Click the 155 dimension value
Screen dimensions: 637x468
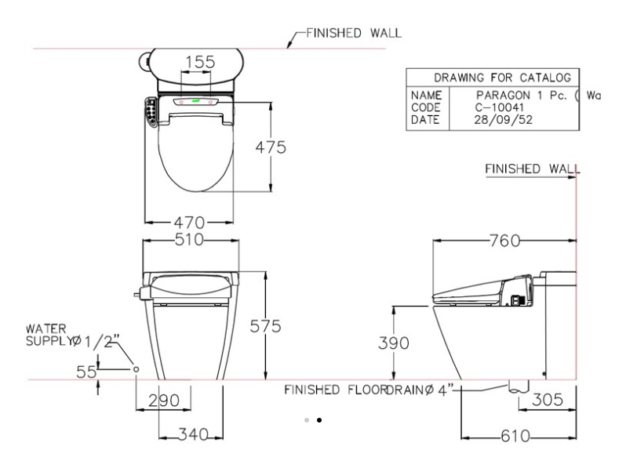point(200,62)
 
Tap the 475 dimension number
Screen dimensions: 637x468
point(271,147)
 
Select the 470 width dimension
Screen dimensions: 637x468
point(189,223)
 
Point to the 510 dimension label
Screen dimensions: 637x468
point(189,239)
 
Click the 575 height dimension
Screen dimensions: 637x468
point(265,326)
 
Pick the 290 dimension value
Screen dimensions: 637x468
point(164,401)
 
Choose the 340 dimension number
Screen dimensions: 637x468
point(194,434)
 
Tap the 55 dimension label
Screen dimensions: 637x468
point(86,372)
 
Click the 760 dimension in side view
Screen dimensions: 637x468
point(504,241)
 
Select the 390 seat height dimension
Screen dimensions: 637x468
point(393,343)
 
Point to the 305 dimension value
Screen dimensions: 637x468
point(548,400)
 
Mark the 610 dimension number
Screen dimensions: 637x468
point(515,436)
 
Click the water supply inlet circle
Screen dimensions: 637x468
point(136,369)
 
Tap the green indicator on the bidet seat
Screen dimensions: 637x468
point(196,100)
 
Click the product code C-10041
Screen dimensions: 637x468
point(499,107)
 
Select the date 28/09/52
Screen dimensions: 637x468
point(503,120)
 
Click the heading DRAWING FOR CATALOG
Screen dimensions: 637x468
point(503,78)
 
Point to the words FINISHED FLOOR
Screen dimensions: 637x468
point(335,390)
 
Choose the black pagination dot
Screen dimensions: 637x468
point(319,420)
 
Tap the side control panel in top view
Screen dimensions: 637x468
point(151,112)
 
